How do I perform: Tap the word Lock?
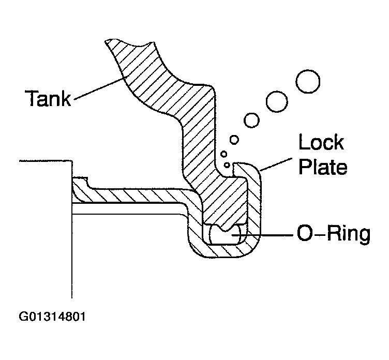pyautogui.click(x=321, y=143)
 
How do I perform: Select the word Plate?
pyautogui.click(x=323, y=167)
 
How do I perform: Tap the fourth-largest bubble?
pyautogui.click(x=234, y=140)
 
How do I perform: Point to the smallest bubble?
pyautogui.click(x=227, y=164)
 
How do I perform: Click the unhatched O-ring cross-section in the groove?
pyautogui.click(x=228, y=235)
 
